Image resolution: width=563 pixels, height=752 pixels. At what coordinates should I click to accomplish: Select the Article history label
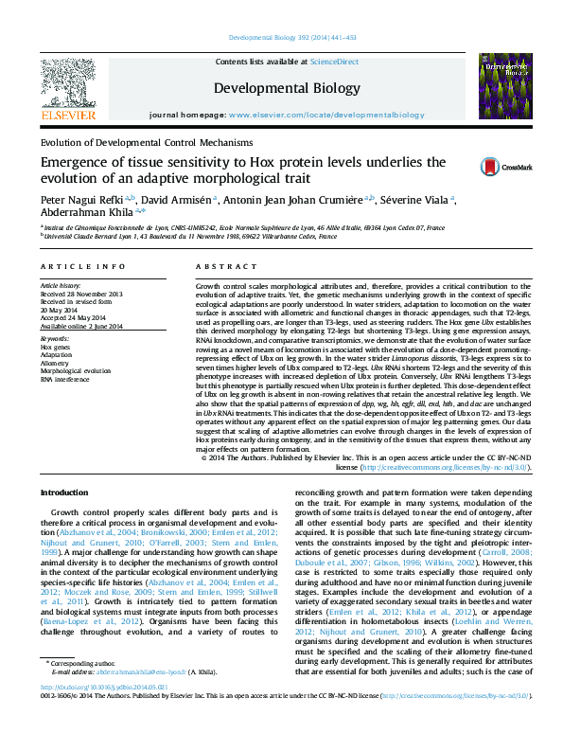click(x=61, y=286)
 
